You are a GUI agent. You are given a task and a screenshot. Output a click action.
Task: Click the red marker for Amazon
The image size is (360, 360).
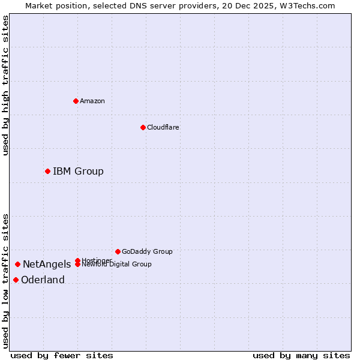click(76, 101)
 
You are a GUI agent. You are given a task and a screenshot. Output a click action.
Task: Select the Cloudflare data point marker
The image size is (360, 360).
click(143, 127)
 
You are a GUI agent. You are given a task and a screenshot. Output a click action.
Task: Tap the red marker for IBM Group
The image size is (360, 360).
click(47, 172)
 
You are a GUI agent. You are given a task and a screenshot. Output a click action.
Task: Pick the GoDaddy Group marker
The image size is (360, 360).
click(118, 251)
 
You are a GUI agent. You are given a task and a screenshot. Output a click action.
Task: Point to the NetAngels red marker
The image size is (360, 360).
click(18, 265)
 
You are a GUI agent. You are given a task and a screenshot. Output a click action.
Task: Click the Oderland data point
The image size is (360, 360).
click(16, 280)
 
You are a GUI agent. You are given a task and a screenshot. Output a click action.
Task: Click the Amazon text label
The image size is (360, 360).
click(92, 101)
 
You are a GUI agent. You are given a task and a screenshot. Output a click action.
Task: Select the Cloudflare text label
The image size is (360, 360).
click(163, 128)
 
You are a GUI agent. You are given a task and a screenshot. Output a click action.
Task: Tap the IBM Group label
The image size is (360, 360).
click(78, 172)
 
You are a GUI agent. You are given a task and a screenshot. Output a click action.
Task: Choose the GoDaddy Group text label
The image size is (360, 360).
click(147, 252)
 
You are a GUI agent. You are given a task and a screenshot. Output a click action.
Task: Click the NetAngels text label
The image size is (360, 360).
click(47, 265)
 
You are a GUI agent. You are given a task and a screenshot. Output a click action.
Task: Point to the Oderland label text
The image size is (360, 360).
click(43, 280)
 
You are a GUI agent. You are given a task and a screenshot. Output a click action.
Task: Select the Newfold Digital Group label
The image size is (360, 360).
click(117, 265)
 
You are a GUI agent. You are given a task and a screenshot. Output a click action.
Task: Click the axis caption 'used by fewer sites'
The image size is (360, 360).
click(62, 356)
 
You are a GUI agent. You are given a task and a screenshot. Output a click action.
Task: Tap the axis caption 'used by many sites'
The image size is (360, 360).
click(301, 356)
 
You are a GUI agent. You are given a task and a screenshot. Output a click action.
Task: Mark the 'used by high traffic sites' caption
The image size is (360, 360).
click(5, 85)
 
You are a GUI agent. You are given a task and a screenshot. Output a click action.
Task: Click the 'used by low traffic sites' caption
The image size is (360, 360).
click(5, 281)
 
